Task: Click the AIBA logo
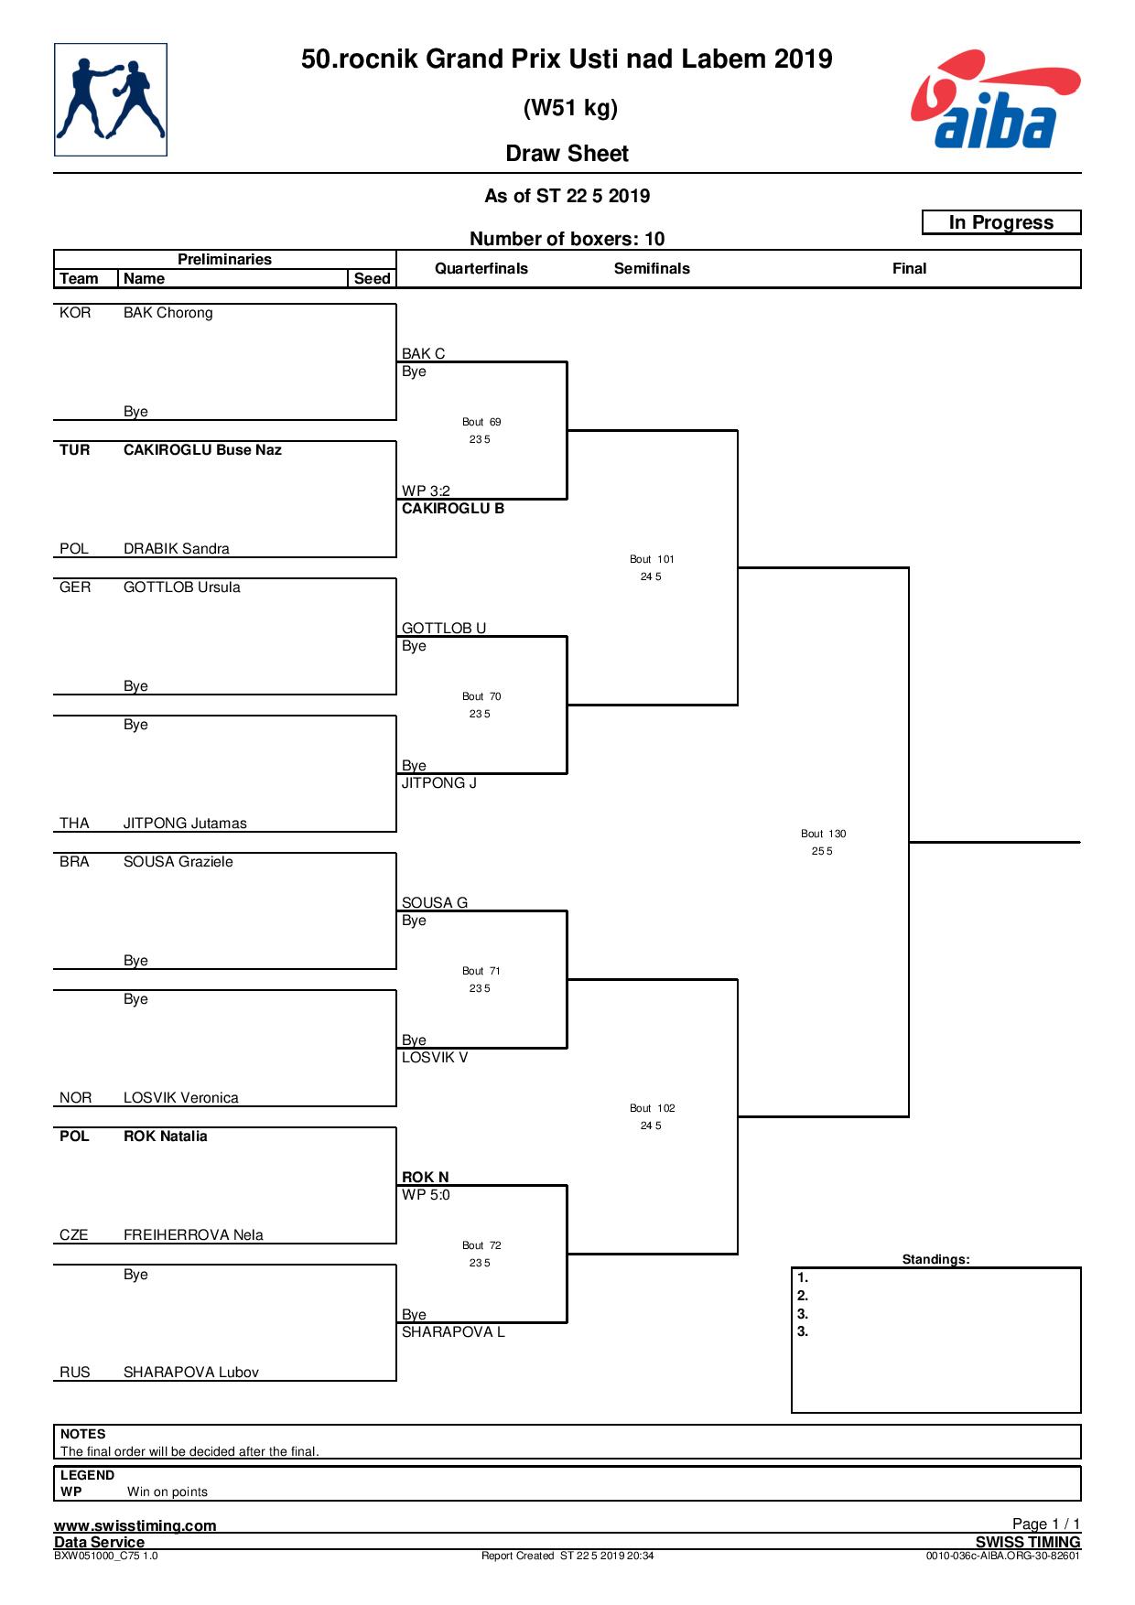tap(996, 100)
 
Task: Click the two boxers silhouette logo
tap(111, 100)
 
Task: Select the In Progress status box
tap(1001, 222)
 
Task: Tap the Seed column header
tap(372, 278)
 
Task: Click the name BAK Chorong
tap(168, 313)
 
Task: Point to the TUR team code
tap(75, 450)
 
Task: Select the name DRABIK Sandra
tap(177, 549)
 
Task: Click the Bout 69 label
tap(481, 422)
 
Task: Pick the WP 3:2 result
tap(426, 490)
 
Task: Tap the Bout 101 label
tap(652, 559)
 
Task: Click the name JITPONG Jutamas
tap(185, 824)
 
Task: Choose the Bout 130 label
tap(824, 834)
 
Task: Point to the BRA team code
tap(75, 862)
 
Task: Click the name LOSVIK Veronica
tap(181, 1098)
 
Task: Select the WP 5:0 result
tap(426, 1195)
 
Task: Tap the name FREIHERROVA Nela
tap(193, 1235)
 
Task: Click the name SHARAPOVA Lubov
tap(191, 1373)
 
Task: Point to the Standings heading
tap(935, 1259)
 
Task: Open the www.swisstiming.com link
tap(135, 1525)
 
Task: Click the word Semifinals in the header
tap(652, 268)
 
